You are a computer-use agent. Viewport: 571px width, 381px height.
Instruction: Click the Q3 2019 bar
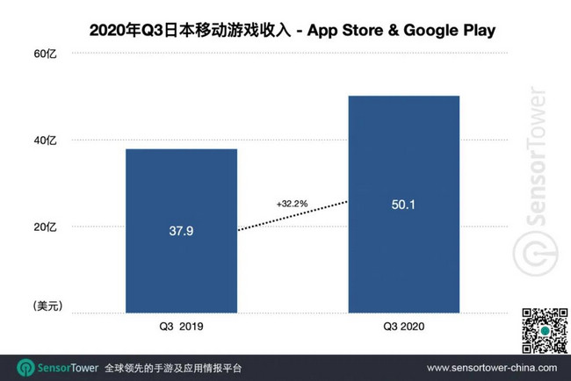coord(181,263)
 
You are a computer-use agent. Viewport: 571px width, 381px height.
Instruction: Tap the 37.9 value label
coord(181,234)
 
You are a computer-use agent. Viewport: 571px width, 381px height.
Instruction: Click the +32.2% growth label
coord(291,204)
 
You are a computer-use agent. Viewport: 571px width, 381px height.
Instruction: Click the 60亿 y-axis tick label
coord(45,54)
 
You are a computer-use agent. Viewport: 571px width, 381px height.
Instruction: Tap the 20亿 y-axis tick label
coord(45,226)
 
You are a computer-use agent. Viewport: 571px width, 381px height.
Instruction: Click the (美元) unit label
coord(45,306)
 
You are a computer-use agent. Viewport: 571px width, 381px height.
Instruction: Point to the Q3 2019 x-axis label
coord(181,326)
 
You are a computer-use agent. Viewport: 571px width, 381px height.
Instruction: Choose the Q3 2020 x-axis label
coord(403,326)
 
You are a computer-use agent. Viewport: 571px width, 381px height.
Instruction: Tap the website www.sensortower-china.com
coord(491,368)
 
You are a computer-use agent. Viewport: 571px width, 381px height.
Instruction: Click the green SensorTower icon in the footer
coord(24,368)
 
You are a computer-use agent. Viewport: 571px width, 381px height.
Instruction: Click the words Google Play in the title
coord(448,32)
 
